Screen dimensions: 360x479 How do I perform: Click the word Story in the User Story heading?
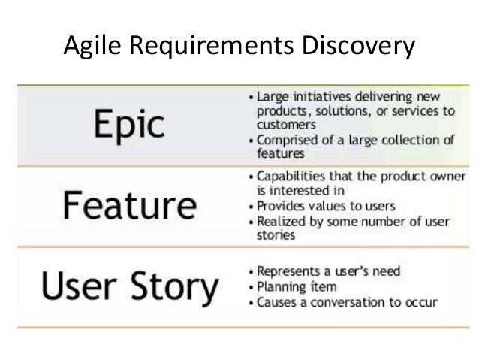174,287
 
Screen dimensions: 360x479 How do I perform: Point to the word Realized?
279,221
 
